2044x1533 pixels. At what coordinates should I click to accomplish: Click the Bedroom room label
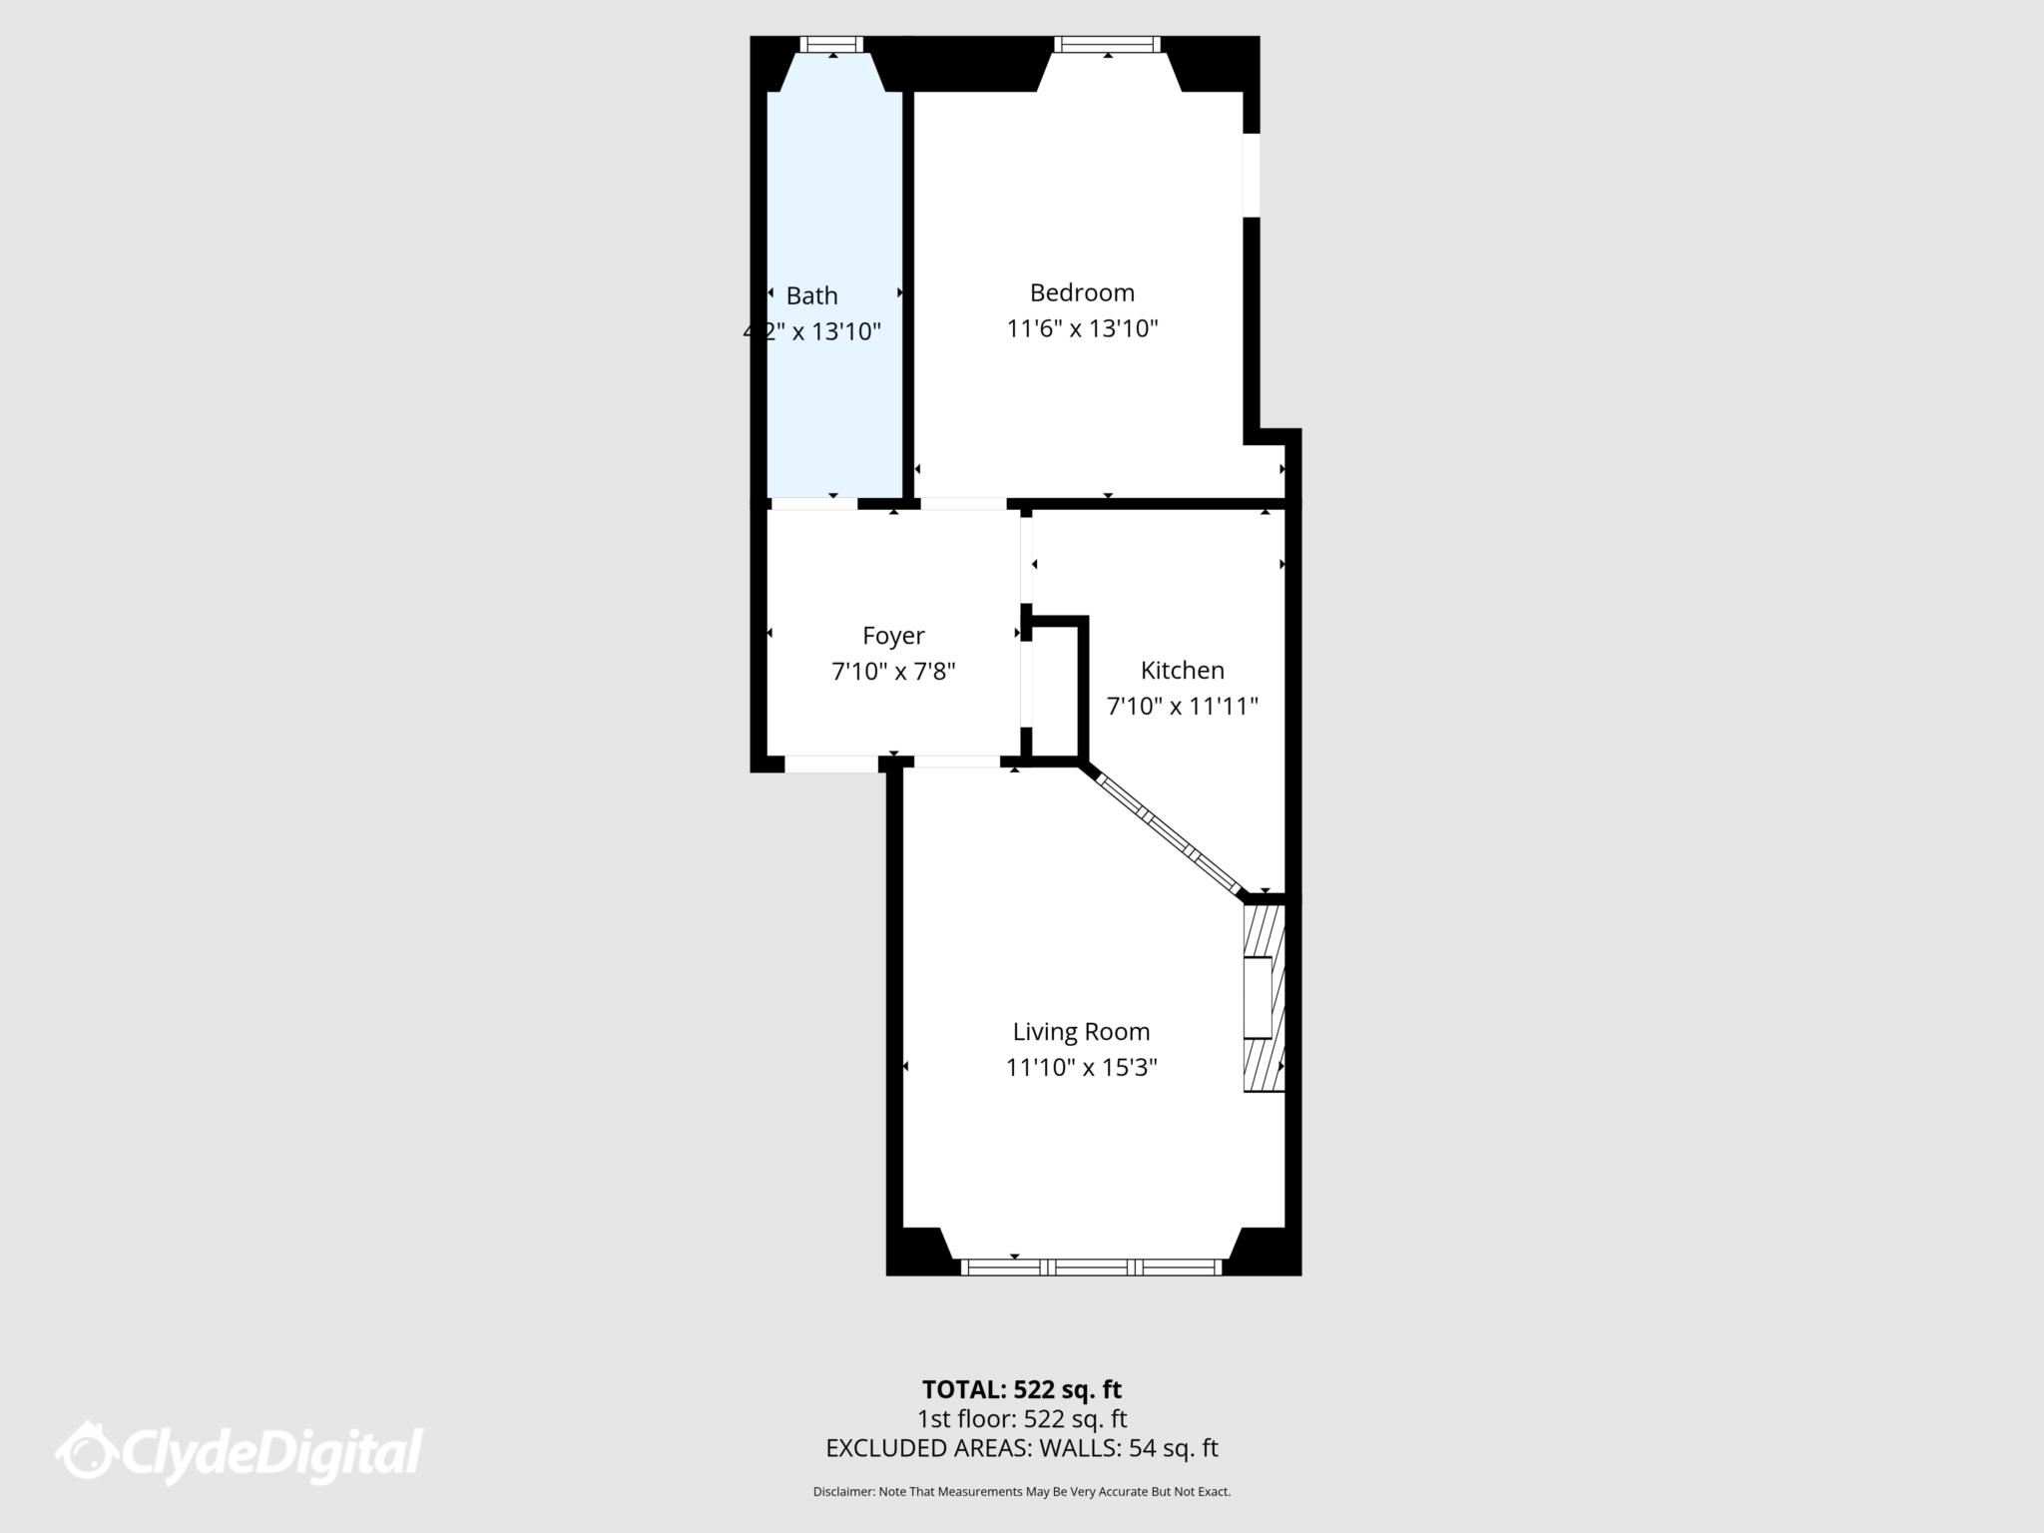(1082, 292)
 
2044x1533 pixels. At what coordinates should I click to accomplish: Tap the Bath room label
(811, 295)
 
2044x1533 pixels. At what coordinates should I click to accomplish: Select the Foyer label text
(893, 636)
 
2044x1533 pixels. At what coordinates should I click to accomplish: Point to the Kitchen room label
(1182, 670)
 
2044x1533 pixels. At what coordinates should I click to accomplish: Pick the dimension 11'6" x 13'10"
(1082, 328)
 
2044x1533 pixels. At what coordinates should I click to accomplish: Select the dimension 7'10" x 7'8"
(893, 672)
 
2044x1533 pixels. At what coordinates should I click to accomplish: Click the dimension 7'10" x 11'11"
(1182, 706)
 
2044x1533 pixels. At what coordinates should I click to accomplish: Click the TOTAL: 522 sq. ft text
(1021, 1389)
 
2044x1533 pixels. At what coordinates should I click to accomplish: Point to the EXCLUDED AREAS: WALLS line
(1021, 1448)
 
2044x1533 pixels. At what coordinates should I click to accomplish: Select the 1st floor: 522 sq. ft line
(1021, 1418)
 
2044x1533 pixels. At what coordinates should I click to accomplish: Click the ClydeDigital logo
(240, 1453)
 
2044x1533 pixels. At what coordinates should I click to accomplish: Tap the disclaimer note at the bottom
(1021, 1492)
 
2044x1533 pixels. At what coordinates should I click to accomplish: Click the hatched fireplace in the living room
(1263, 998)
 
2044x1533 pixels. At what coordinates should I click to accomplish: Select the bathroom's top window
(831, 44)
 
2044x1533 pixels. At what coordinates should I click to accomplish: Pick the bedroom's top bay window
(1107, 44)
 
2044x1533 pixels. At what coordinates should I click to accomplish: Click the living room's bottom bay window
(1091, 1267)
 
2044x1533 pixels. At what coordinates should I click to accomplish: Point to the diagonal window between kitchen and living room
(1169, 834)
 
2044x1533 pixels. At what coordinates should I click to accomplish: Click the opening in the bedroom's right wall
(1252, 175)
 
